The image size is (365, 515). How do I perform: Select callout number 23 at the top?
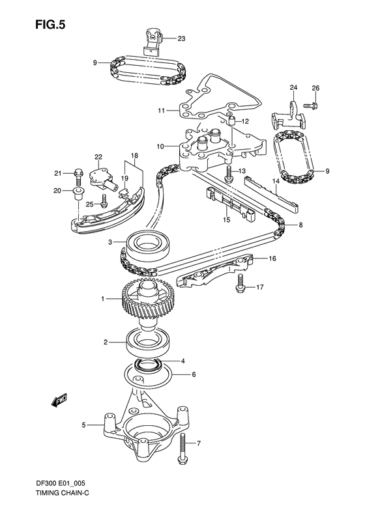point(181,39)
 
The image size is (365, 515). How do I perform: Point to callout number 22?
point(98,157)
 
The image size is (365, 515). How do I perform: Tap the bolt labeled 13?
point(229,174)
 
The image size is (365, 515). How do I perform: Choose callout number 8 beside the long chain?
point(300,225)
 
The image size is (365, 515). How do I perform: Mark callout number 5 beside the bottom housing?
point(83,426)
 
